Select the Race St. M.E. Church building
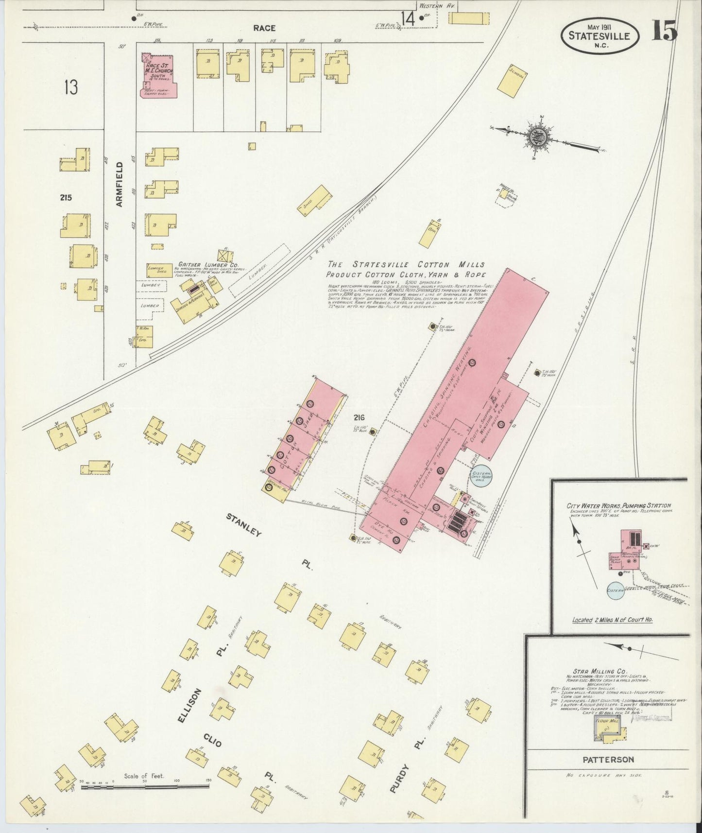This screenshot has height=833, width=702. tap(158, 76)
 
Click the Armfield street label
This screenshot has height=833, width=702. tap(120, 185)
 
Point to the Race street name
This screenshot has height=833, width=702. tap(264, 28)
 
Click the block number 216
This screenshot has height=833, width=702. tap(360, 417)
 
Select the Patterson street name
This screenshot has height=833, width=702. tap(609, 760)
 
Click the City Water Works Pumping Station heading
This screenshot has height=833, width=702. tap(618, 506)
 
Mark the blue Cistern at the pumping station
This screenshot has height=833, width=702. tap(615, 590)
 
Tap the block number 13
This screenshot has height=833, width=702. tap(71, 87)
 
